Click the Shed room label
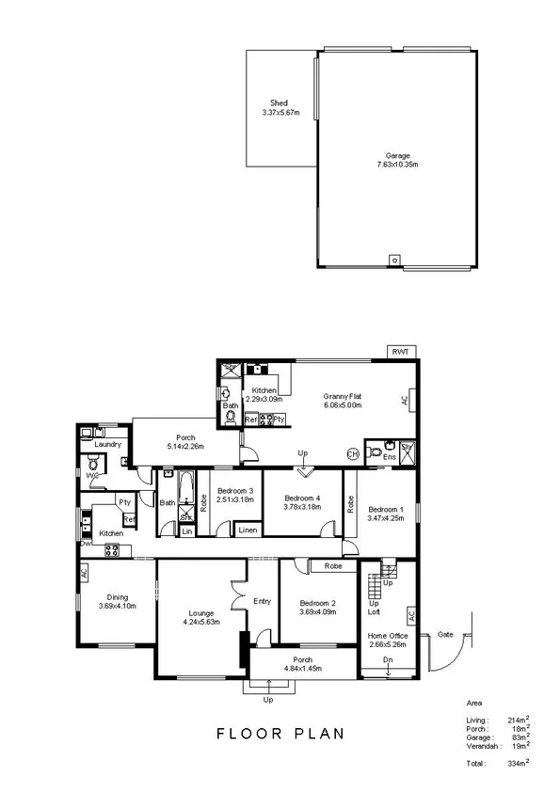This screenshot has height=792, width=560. click(x=280, y=103)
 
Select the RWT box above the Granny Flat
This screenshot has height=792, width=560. click(x=402, y=352)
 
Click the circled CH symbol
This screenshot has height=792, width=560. click(x=353, y=453)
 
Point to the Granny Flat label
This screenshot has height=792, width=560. click(x=344, y=397)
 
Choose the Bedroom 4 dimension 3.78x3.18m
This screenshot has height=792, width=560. click(x=302, y=507)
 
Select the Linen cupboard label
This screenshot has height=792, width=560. click(x=247, y=531)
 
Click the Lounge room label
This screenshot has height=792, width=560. click(x=201, y=611)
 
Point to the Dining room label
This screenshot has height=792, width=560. click(x=117, y=596)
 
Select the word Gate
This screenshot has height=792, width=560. click(x=446, y=635)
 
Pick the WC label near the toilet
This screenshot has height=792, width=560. click(x=92, y=476)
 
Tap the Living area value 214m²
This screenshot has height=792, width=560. click(x=514, y=720)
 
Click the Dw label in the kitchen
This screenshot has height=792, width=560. click(x=86, y=543)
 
